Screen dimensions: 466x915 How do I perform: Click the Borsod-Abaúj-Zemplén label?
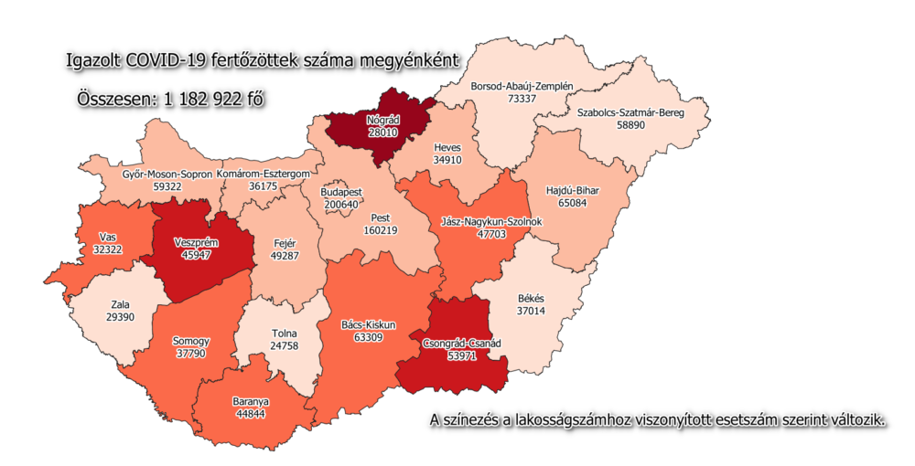point(522,86)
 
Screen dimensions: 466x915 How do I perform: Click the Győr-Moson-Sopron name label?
point(167,173)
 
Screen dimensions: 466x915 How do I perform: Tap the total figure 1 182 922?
point(207,99)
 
